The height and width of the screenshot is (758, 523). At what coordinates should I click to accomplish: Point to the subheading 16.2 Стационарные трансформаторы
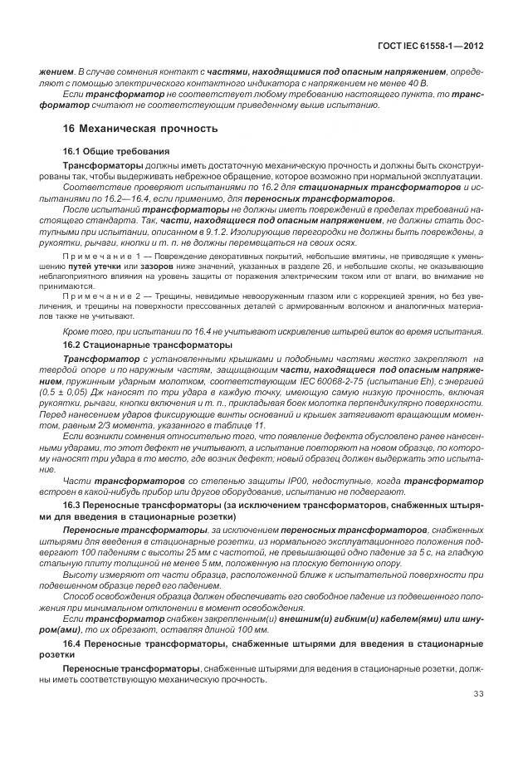click(x=149, y=344)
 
